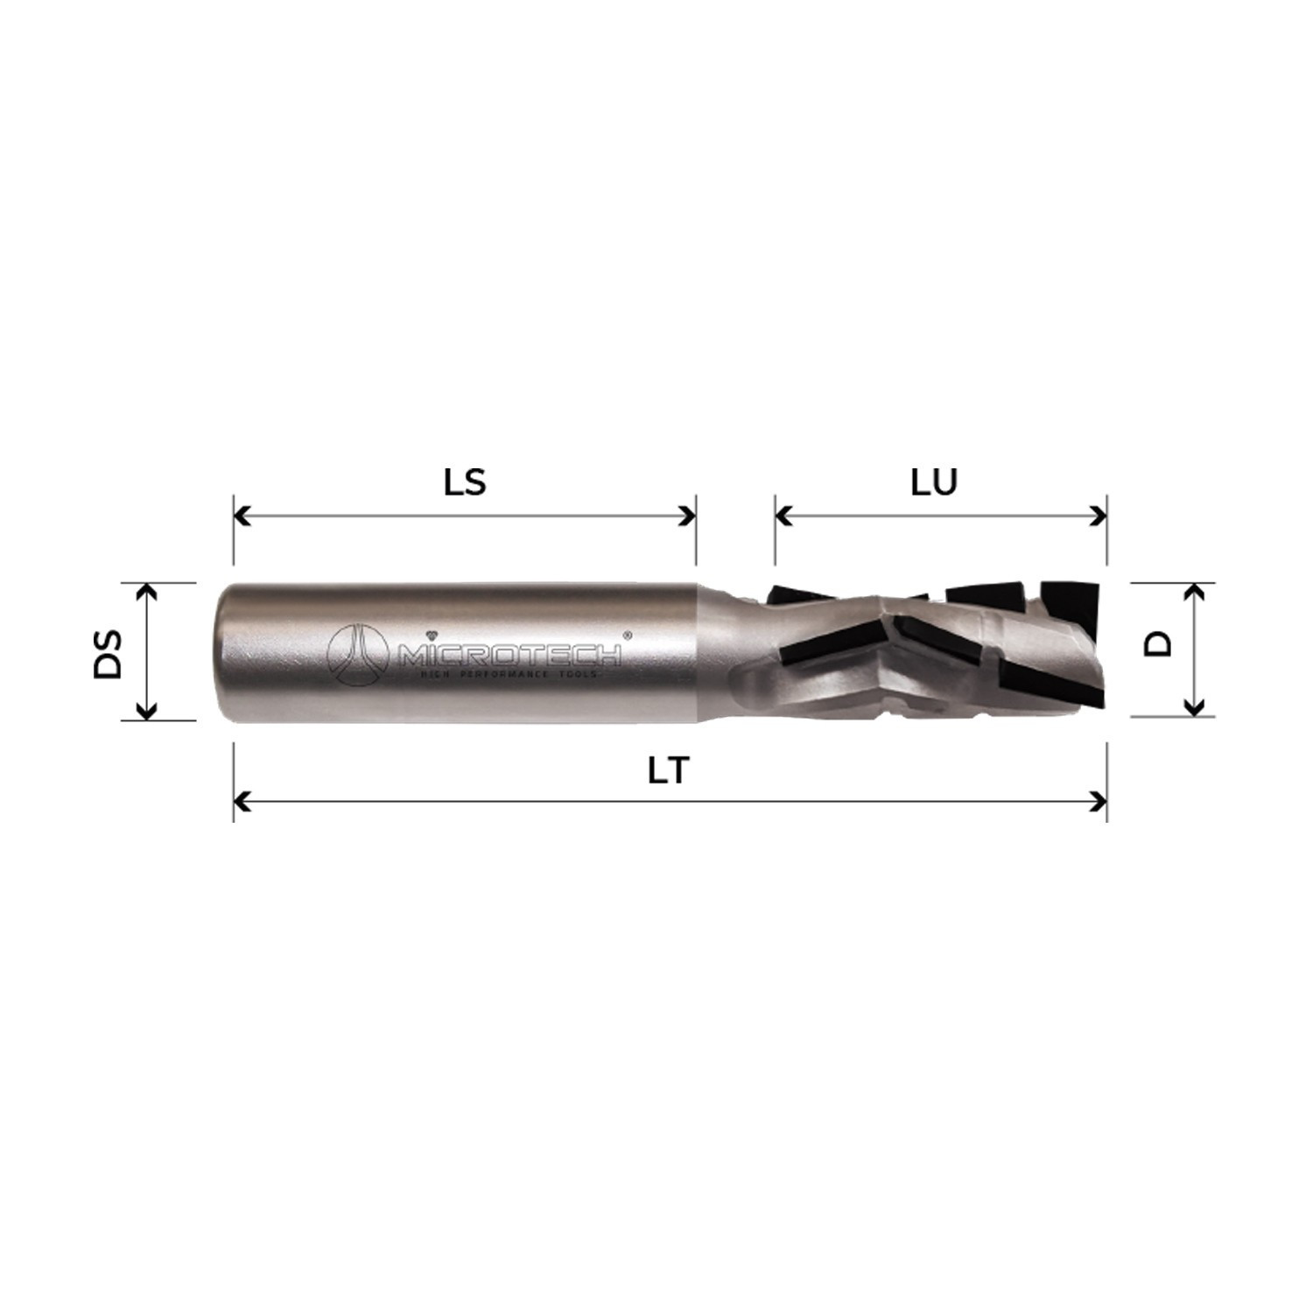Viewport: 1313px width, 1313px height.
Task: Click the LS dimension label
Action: tap(465, 482)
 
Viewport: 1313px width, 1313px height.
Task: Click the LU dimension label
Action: tap(934, 482)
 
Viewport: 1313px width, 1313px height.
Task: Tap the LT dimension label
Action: tap(670, 770)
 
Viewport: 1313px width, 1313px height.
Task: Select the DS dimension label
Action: tap(109, 652)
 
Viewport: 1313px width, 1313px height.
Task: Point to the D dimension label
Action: tap(1158, 645)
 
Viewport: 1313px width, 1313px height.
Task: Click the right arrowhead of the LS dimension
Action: tap(687, 516)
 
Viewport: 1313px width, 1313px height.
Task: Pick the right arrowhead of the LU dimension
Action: tap(1098, 516)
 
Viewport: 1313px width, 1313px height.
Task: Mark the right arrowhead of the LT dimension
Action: tap(1098, 801)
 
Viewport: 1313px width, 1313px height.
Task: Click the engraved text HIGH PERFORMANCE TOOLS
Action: tap(509, 675)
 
